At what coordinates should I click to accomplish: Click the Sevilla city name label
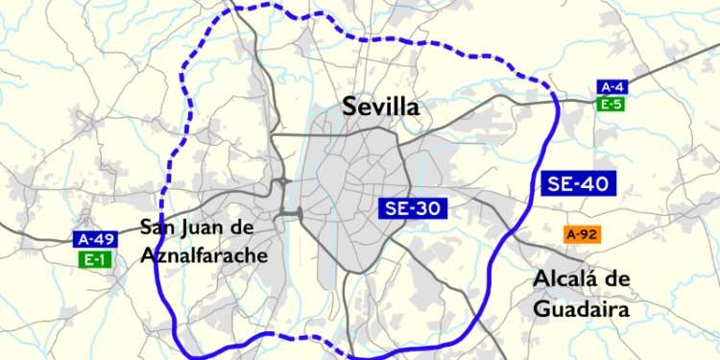[x=382, y=107]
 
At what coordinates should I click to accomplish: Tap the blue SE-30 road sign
[x=413, y=208]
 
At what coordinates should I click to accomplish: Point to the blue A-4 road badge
[x=610, y=87]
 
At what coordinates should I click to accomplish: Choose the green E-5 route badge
[x=610, y=104]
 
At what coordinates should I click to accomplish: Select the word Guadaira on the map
[x=583, y=310]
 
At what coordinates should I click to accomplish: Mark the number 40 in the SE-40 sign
[x=594, y=183]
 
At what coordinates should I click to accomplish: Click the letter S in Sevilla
[x=350, y=107]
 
